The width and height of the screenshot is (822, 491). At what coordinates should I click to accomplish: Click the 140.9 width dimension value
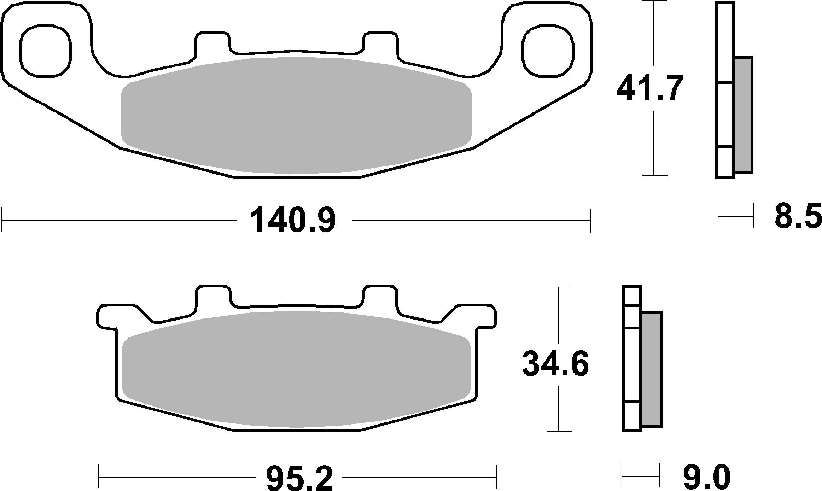click(x=293, y=221)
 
